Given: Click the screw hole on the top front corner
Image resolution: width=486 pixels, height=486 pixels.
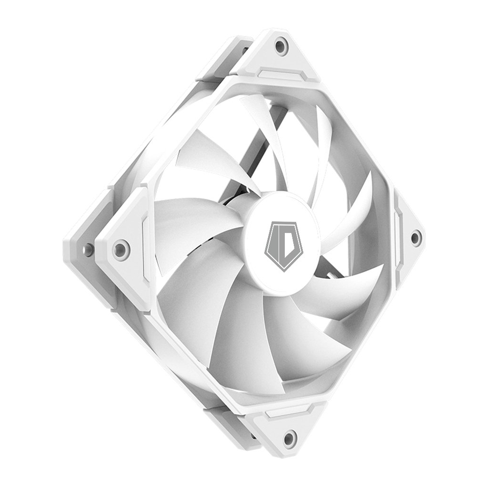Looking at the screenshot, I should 281,47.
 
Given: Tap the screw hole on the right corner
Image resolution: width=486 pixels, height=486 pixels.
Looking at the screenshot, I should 415,237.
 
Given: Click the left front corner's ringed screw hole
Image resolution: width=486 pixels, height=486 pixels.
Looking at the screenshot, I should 121,249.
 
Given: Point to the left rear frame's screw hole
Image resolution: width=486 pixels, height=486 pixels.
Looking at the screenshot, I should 88,249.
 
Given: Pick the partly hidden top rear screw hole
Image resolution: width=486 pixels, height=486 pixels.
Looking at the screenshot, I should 245,49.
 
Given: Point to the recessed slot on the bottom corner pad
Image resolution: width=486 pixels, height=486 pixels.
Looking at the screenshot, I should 287,411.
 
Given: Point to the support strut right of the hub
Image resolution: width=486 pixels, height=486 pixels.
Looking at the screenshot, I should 332,274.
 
